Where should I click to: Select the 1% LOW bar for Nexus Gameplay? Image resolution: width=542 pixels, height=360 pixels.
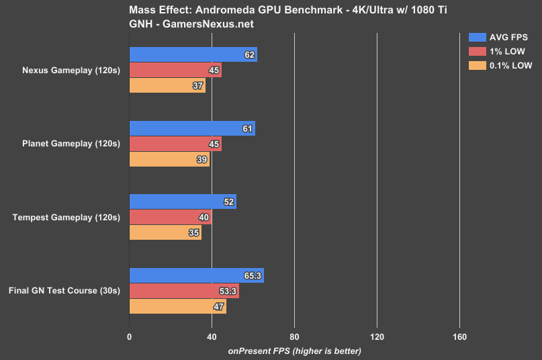[175, 71]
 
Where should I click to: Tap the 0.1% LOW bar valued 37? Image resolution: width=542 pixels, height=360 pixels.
[167, 85]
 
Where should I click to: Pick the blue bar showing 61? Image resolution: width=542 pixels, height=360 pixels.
[191, 129]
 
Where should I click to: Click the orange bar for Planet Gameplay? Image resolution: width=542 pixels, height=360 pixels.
[169, 159]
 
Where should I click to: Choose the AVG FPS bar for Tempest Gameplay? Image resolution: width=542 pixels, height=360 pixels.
[182, 202]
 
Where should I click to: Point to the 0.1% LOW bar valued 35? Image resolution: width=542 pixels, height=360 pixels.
[165, 232]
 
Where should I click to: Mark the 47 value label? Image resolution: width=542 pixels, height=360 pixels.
[219, 306]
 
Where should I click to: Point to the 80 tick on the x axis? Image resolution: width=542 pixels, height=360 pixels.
[294, 337]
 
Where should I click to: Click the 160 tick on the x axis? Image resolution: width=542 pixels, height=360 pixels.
[459, 337]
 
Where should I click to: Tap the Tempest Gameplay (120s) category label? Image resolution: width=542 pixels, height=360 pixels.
[66, 218]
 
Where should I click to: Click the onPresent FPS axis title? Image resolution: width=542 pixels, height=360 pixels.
[295, 351]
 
